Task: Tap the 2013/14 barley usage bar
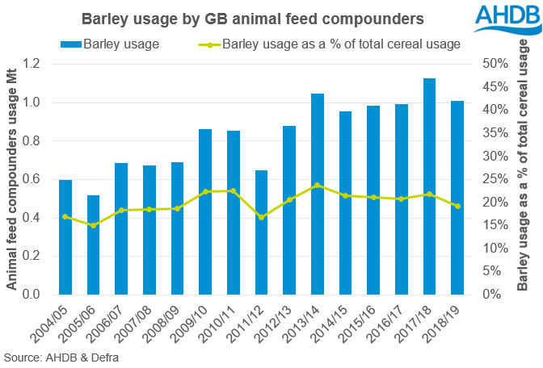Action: coord(318,194)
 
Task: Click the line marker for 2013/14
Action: coord(318,185)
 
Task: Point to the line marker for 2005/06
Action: coord(94,225)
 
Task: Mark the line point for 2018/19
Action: coord(457,206)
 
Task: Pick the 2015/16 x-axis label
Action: coord(364,324)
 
